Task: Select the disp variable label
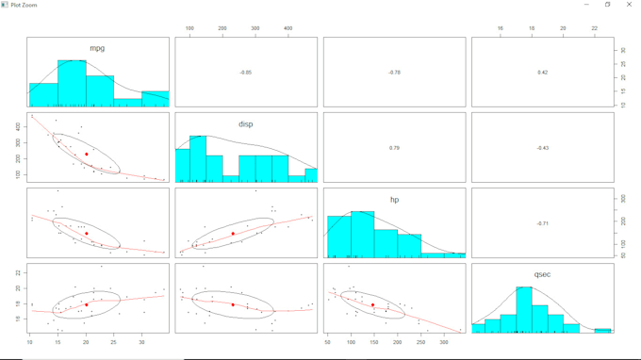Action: [245, 123]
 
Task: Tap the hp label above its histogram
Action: [394, 200]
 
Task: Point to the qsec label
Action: [542, 274]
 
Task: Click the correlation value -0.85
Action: [245, 72]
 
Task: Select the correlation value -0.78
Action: [394, 72]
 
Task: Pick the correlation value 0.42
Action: [542, 72]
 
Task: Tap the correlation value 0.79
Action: [394, 148]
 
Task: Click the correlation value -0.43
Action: [542, 148]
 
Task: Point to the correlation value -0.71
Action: [542, 223]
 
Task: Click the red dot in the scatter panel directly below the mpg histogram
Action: [86, 154]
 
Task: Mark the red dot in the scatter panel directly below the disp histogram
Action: [233, 233]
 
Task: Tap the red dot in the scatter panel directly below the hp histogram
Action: [373, 304]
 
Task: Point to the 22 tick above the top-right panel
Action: [595, 29]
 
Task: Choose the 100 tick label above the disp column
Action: [189, 29]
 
